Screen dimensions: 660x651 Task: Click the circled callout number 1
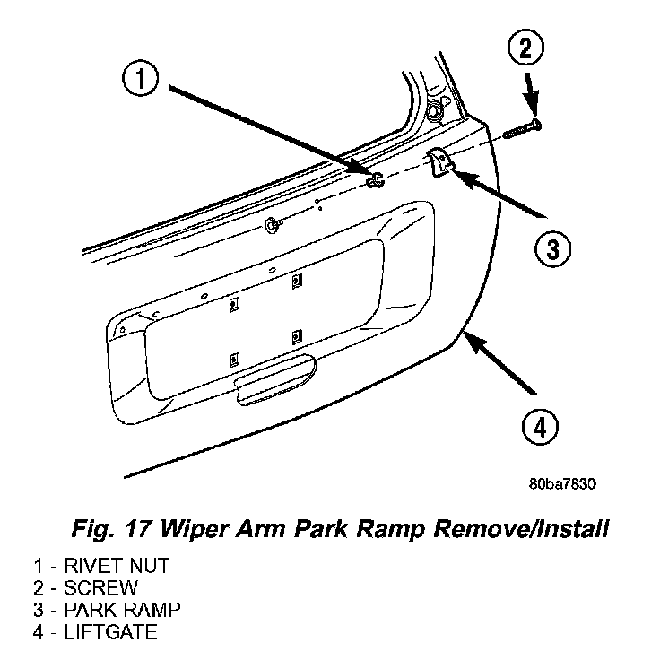point(140,78)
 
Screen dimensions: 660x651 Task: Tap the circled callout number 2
point(525,48)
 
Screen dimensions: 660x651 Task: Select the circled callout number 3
point(552,248)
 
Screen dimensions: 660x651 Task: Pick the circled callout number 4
point(541,427)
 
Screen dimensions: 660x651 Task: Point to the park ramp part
point(439,161)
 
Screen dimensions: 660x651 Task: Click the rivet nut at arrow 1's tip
point(375,179)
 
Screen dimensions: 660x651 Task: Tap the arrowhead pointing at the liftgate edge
point(473,341)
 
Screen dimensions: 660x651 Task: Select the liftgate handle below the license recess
point(275,379)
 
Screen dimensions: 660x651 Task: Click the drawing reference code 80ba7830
point(562,484)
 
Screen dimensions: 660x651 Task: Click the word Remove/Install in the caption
point(521,528)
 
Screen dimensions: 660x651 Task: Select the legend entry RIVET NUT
point(117,566)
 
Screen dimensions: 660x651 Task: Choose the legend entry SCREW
point(100,588)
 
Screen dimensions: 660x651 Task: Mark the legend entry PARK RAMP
point(122,610)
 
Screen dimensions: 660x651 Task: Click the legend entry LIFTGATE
point(110,632)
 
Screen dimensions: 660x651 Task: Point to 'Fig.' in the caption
point(93,528)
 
